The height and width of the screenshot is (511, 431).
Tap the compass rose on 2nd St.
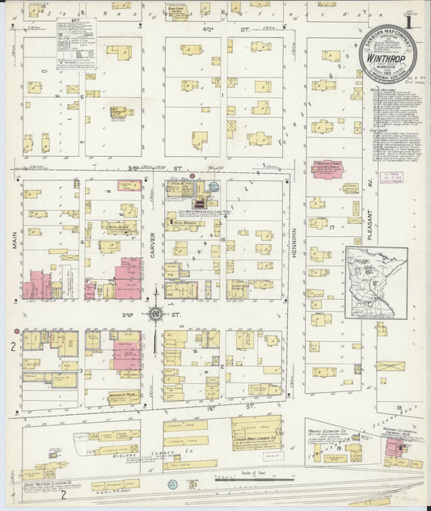coord(154,313)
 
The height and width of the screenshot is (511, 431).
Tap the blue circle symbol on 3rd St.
coord(214,185)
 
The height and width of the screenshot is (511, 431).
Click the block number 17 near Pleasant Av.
coord(332,228)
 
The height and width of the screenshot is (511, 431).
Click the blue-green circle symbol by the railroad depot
coord(172,484)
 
